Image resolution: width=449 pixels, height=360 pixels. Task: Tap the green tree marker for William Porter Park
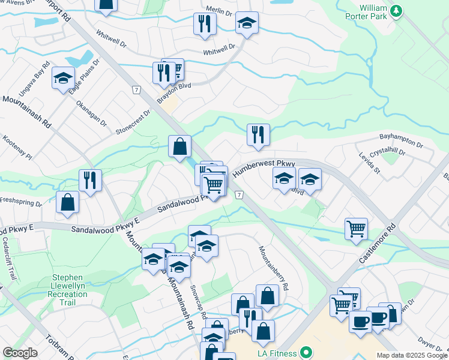396,11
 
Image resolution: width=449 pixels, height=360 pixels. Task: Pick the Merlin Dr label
219,11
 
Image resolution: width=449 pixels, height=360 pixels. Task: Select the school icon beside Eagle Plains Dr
63,78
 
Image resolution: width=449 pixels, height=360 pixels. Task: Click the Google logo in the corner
20,353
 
